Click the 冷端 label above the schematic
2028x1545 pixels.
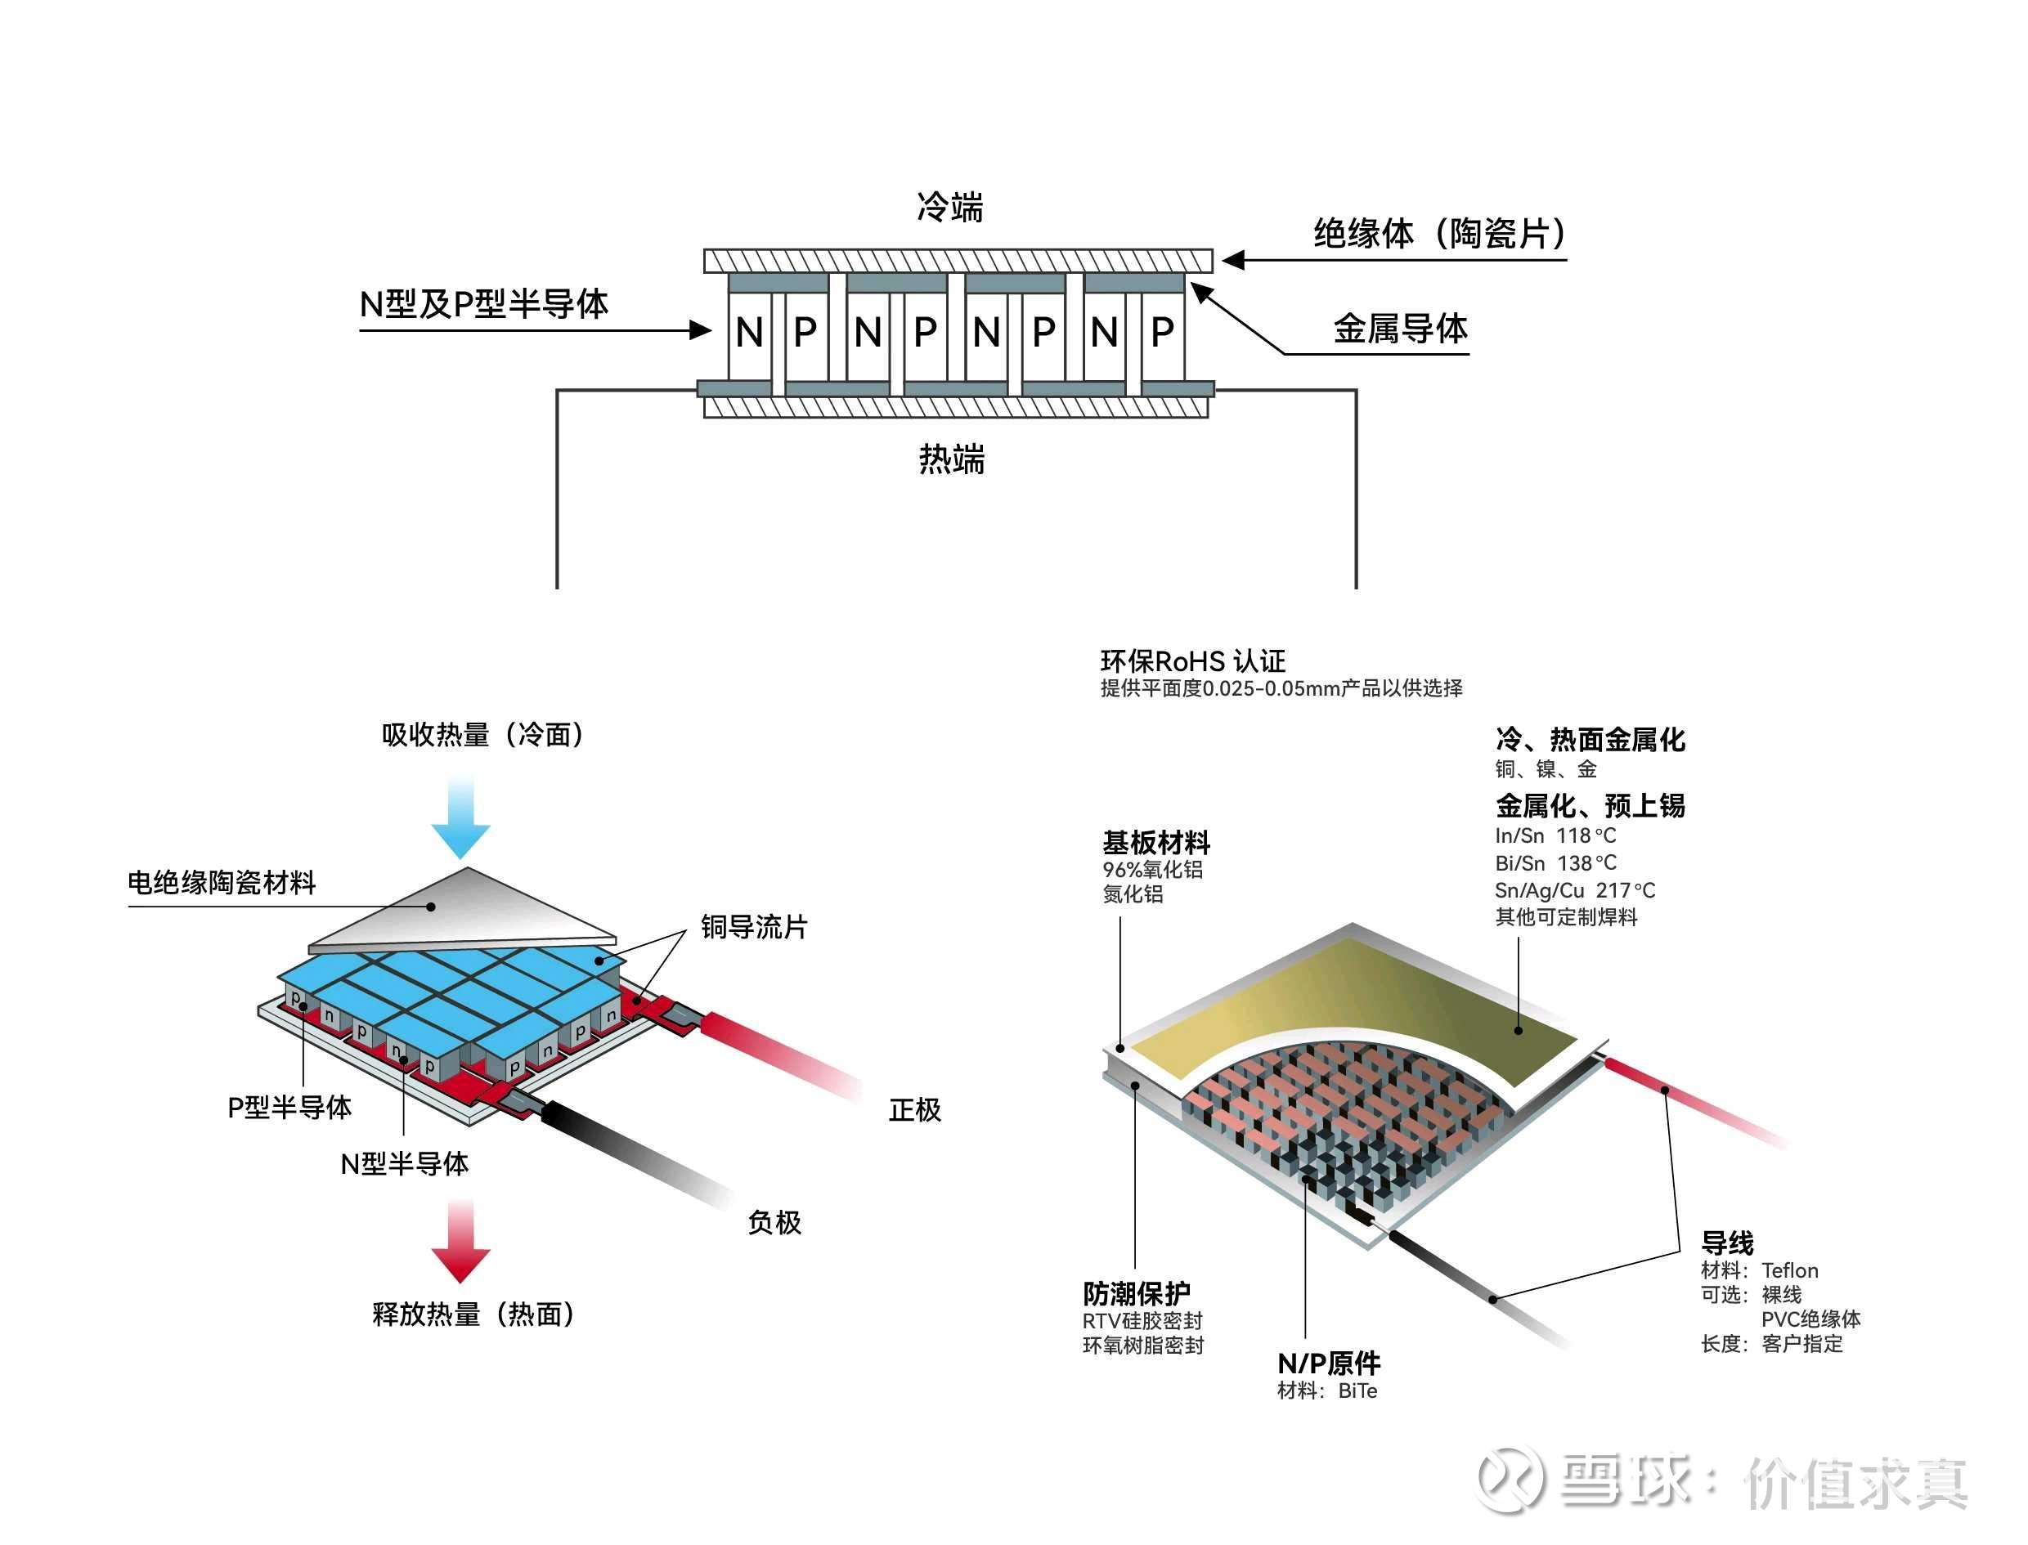click(949, 208)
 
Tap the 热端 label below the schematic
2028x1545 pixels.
click(951, 459)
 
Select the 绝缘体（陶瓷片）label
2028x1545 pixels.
click(1439, 234)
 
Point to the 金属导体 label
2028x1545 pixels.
click(1400, 329)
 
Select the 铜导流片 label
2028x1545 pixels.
click(753, 927)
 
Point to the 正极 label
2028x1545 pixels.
click(914, 1110)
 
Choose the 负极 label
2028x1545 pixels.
click(774, 1222)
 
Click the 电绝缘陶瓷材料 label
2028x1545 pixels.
click(222, 883)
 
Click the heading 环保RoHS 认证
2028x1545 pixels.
click(1193, 661)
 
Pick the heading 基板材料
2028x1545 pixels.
click(1155, 842)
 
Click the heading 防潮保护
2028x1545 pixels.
click(1136, 1294)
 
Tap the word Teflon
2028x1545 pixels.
click(1789, 1270)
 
